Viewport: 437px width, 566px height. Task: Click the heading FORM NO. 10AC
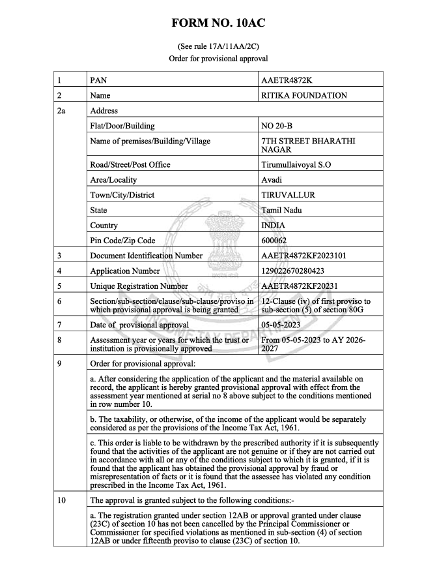click(x=218, y=23)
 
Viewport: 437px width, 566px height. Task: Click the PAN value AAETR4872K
click(x=287, y=81)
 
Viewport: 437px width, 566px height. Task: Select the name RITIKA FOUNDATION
click(x=303, y=96)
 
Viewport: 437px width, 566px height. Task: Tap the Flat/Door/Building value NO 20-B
click(x=277, y=126)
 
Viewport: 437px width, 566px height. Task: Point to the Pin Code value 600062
click(x=274, y=241)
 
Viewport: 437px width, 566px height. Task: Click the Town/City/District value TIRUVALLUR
click(x=288, y=195)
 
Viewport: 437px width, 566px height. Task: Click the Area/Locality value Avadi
click(x=272, y=180)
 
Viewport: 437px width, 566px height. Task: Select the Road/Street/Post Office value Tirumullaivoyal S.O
click(x=296, y=165)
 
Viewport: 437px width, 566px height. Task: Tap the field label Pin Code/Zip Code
click(x=122, y=241)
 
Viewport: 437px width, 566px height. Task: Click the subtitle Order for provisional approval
click(x=218, y=58)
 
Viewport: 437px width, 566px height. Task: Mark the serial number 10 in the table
click(x=62, y=501)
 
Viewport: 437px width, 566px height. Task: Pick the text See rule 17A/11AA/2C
click(x=218, y=46)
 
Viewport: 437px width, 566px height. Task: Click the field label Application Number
click(x=125, y=271)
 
